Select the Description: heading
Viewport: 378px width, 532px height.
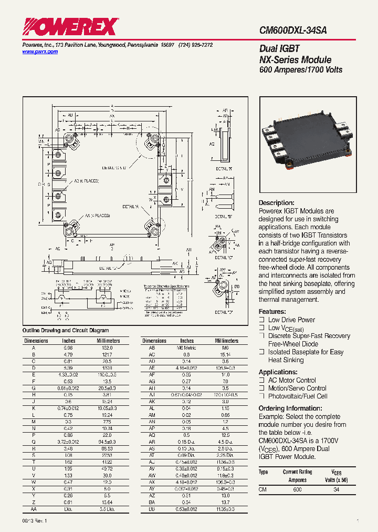pyautogui.click(x=277, y=203)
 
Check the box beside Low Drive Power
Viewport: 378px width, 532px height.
pyautogui.click(x=261, y=320)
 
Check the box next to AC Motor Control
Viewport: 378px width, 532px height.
pyautogui.click(x=261, y=380)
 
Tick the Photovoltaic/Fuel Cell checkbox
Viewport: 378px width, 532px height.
pyautogui.click(x=261, y=396)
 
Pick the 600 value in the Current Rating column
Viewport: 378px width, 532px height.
pyautogui.click(x=298, y=489)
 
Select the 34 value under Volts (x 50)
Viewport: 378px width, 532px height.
pyautogui.click(x=337, y=489)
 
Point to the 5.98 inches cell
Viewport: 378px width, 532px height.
pyautogui.click(x=69, y=348)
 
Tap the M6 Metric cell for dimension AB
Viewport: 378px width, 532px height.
pyautogui.click(x=187, y=348)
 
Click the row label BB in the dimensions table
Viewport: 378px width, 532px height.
pyautogui.click(x=152, y=510)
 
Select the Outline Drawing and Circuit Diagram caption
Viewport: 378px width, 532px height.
pyautogui.click(x=66, y=331)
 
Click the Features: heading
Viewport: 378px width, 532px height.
pyautogui.click(x=272, y=311)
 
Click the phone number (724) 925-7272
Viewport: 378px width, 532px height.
pyautogui.click(x=196, y=46)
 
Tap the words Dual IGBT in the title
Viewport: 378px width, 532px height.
pyautogui.click(x=279, y=49)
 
